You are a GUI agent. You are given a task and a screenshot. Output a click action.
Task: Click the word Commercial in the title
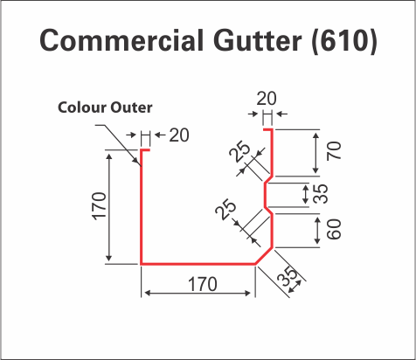point(121,40)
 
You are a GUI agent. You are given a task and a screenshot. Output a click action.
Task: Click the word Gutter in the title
point(258,40)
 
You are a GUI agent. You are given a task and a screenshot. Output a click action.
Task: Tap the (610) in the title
point(344,40)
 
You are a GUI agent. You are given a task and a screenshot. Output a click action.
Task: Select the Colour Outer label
point(105,107)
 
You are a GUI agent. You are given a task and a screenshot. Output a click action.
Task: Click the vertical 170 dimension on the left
point(100,206)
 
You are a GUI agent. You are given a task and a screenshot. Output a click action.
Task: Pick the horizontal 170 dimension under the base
point(203,284)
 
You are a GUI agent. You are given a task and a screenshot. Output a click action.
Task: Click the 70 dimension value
point(334,151)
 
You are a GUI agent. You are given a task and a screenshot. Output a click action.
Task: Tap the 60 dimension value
point(334,229)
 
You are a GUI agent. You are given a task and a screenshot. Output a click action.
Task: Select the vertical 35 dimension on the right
point(321,193)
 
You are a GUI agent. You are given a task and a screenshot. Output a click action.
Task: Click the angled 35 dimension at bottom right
point(288,276)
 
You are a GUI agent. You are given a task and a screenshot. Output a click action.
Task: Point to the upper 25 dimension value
point(239,151)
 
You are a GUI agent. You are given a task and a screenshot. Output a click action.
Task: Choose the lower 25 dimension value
point(225,209)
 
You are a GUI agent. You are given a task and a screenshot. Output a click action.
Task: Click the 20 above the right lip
point(267,99)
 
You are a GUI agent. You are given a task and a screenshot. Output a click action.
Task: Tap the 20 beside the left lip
point(179,135)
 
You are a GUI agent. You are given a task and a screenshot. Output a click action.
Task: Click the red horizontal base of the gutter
point(198,264)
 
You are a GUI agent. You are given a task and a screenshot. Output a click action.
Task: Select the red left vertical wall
point(142,207)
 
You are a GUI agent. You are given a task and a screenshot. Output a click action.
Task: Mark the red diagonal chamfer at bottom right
point(264,256)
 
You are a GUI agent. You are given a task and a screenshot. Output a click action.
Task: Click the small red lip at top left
point(146,150)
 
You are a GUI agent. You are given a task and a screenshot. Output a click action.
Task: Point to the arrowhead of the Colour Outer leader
point(140,164)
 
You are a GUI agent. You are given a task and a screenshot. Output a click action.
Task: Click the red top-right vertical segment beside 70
point(272,153)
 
